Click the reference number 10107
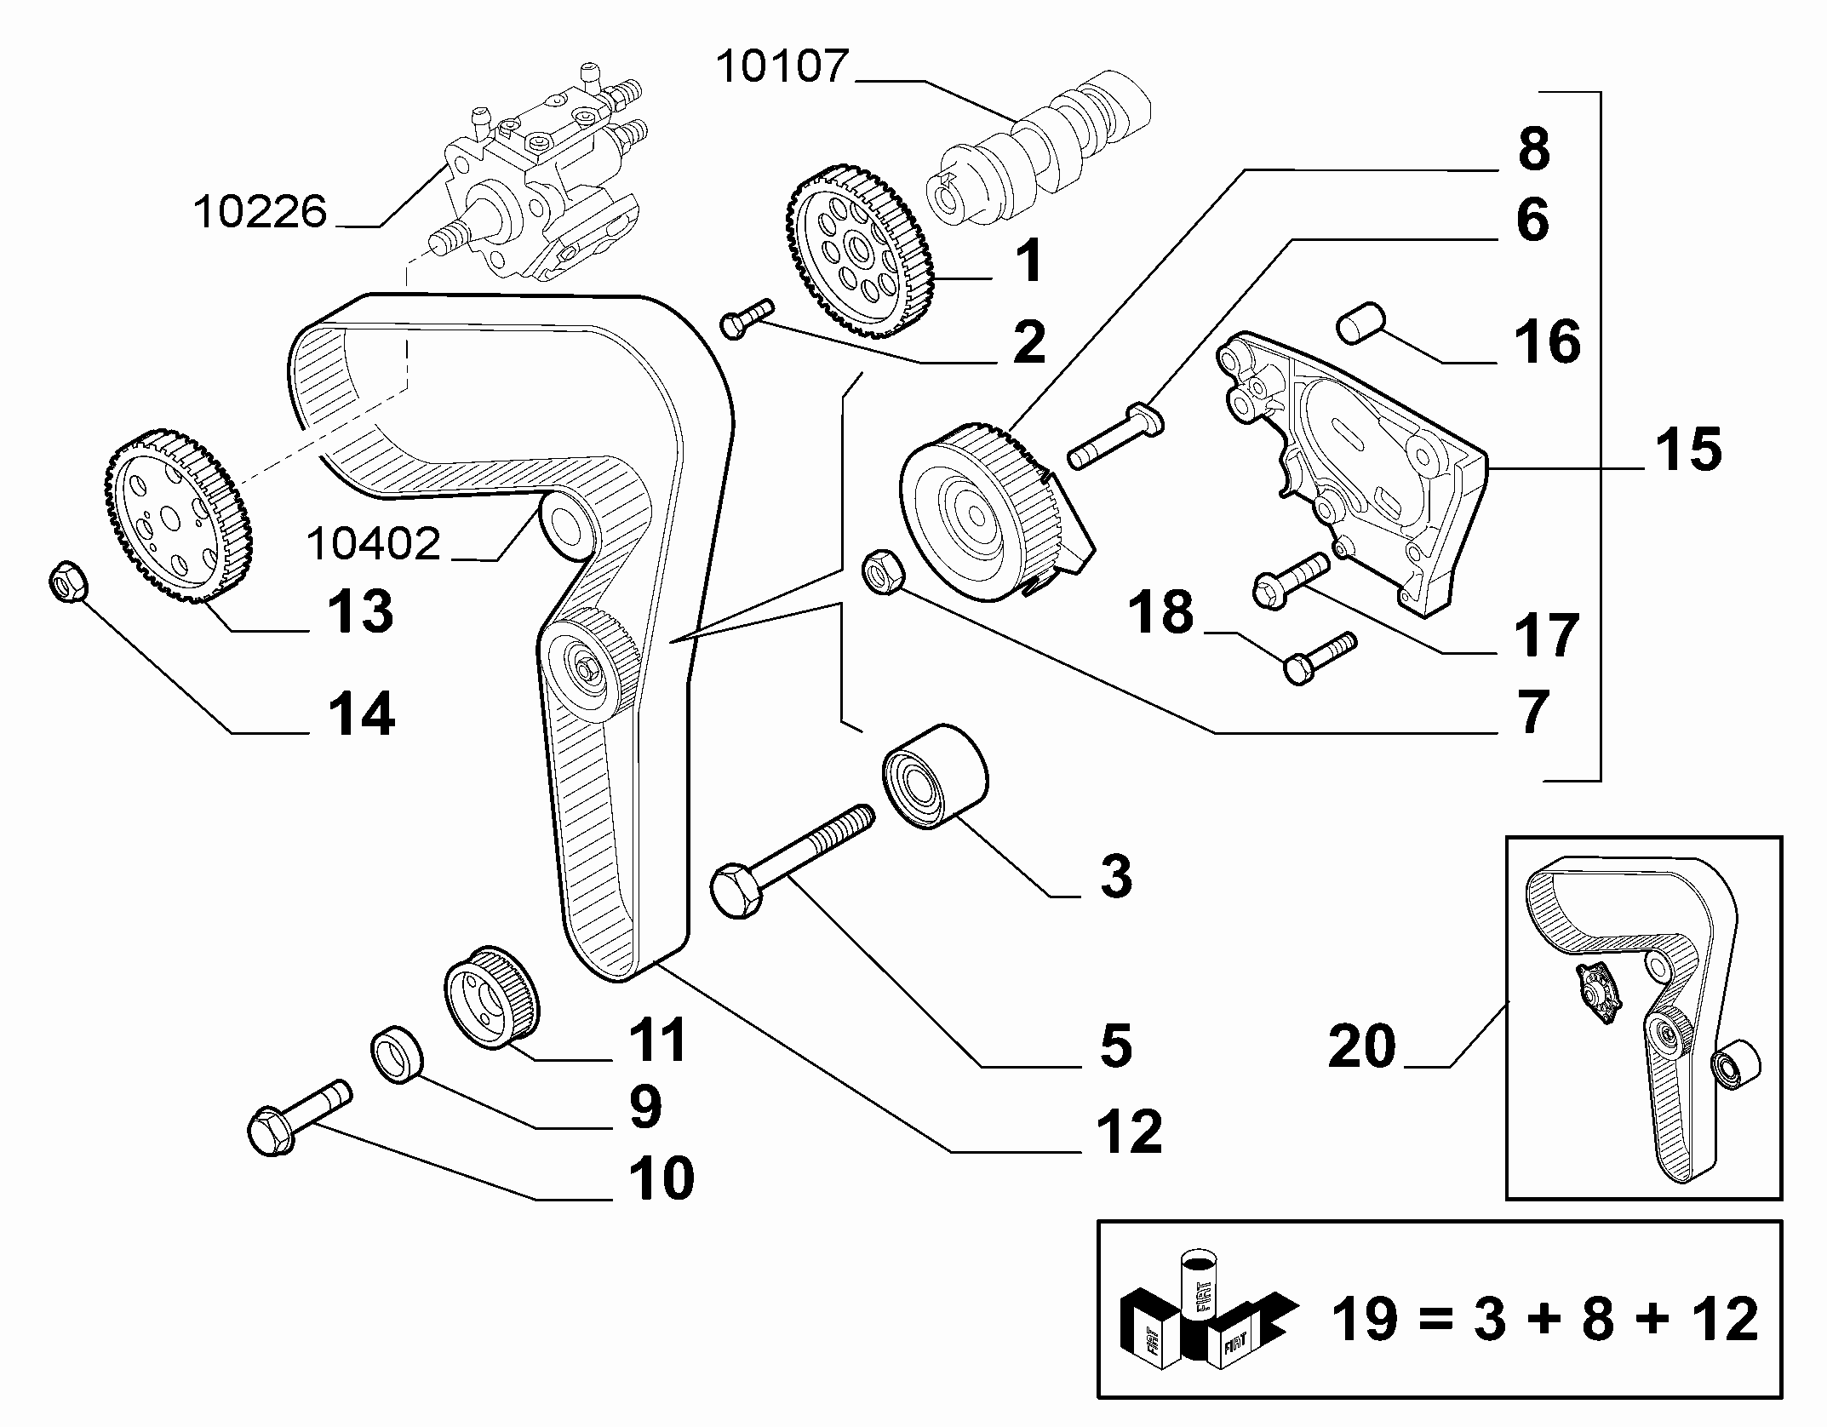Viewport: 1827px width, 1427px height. pos(783,66)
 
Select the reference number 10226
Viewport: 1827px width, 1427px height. pos(261,211)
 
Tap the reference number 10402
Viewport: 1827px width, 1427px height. pos(374,542)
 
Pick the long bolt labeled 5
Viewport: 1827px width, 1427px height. pos(793,861)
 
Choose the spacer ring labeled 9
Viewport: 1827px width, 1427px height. pos(398,1054)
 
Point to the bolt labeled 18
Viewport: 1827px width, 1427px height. pos(1319,656)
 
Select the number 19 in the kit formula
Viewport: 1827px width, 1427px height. pos(1364,1319)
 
